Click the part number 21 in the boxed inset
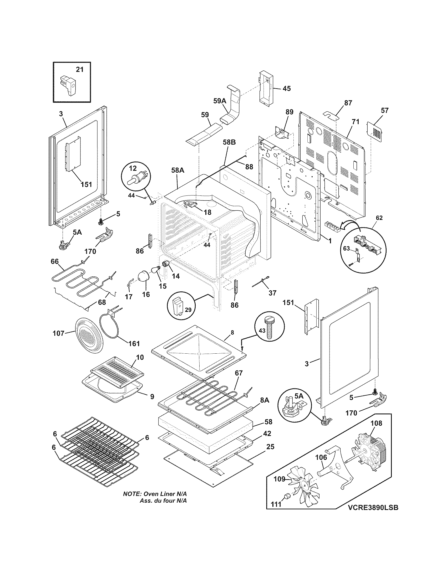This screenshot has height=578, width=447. [79, 69]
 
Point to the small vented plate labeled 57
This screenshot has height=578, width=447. [375, 130]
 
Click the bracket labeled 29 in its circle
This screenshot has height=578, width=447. [178, 306]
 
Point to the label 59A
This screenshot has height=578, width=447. [220, 101]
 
